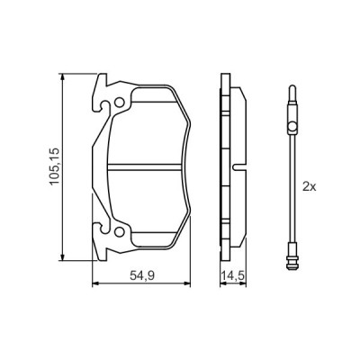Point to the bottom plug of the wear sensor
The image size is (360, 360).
[291, 261]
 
